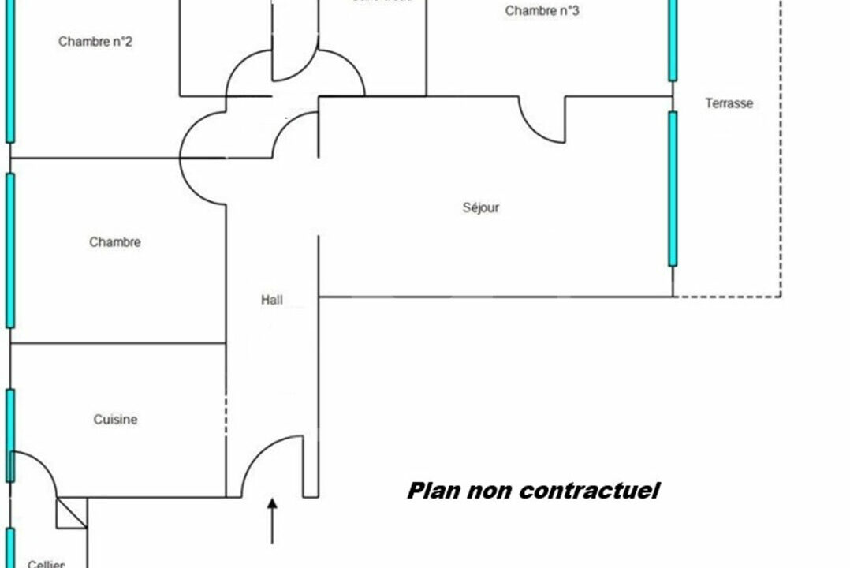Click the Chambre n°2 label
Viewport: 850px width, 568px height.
[x=95, y=42]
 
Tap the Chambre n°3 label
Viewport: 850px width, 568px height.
[x=542, y=11]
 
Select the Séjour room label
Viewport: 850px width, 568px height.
[x=480, y=208]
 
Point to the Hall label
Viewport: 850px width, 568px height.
[x=272, y=300]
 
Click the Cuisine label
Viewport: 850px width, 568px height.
[x=115, y=420]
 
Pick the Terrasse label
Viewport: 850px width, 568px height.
[x=729, y=103]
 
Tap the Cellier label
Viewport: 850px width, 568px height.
[x=46, y=563]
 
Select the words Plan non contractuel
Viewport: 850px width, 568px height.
[x=533, y=491]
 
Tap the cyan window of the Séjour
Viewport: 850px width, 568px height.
[x=673, y=189]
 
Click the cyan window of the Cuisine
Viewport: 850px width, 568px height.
[x=10, y=434]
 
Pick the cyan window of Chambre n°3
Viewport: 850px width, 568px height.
[x=673, y=39]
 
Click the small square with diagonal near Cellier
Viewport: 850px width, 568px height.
[x=72, y=513]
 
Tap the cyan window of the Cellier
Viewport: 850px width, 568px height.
[x=10, y=547]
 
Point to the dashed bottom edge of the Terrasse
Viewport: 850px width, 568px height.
[x=727, y=297]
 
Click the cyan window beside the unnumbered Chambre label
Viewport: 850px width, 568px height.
[x=10, y=250]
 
